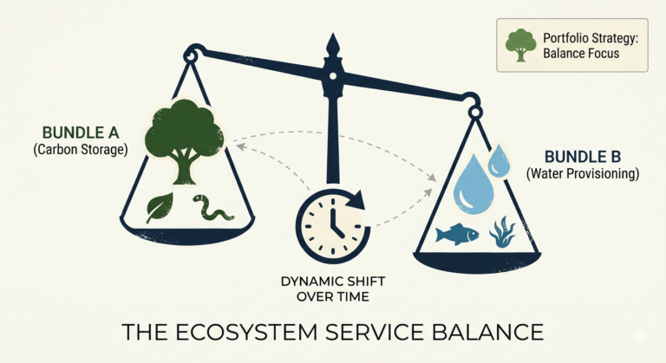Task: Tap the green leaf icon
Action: coord(161,208)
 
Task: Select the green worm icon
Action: coord(209,209)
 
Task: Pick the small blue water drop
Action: coord(499,159)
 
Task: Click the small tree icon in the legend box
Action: coord(520,45)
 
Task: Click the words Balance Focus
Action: coord(581,54)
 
